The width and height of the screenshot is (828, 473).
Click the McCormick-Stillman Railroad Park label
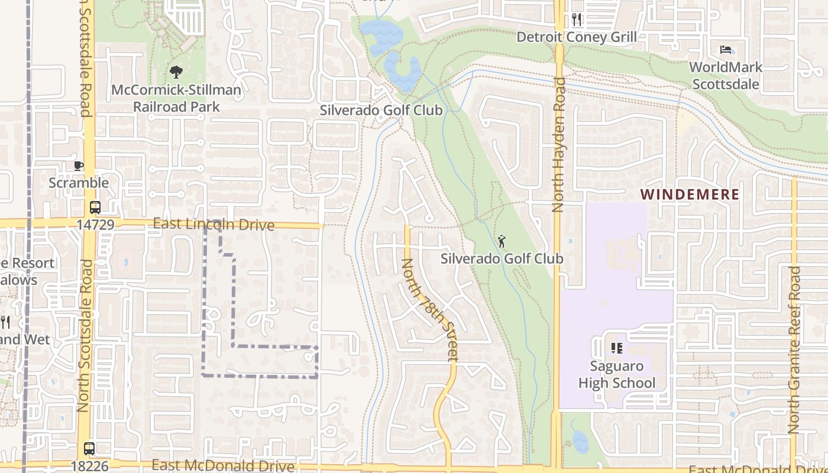pyautogui.click(x=176, y=99)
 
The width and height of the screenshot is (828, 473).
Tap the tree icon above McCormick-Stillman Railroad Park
pyautogui.click(x=176, y=73)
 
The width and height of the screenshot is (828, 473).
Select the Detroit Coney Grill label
pyautogui.click(x=577, y=37)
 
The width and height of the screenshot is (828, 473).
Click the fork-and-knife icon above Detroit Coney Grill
pyautogui.click(x=577, y=20)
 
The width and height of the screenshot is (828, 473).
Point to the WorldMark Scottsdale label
pyautogui.click(x=726, y=76)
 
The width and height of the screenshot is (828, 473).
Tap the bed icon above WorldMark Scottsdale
pyautogui.click(x=726, y=50)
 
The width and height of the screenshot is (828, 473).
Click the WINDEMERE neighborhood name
pyautogui.click(x=690, y=195)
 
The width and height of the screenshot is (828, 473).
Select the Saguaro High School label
pyautogui.click(x=616, y=375)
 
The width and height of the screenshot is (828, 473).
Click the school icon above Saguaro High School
pyautogui.click(x=616, y=348)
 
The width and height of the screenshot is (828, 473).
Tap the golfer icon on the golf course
pyautogui.click(x=502, y=241)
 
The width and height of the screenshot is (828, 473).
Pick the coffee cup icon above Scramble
pyautogui.click(x=79, y=166)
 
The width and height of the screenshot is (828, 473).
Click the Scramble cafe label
pyautogui.click(x=79, y=183)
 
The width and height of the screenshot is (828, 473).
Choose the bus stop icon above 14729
pyautogui.click(x=95, y=208)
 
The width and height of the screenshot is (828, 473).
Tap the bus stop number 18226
pyautogui.click(x=90, y=466)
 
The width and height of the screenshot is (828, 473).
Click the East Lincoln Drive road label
pyautogui.click(x=214, y=225)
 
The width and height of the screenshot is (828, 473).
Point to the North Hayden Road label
pyautogui.click(x=558, y=145)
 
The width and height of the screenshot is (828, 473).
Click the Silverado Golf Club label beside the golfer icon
pyautogui.click(x=502, y=258)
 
